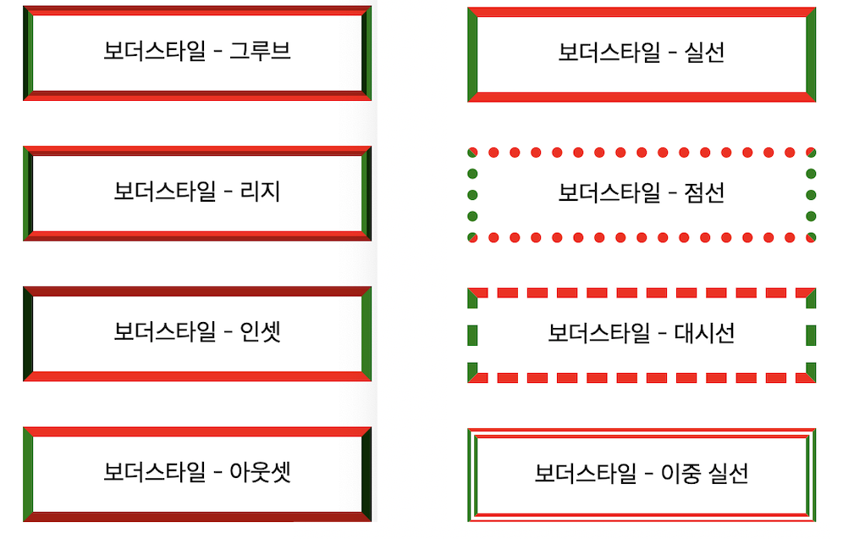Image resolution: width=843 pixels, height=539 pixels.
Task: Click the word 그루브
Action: [x=260, y=51]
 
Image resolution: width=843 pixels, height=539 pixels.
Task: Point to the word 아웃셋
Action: [x=260, y=472]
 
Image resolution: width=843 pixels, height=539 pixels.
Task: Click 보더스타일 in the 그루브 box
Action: [x=154, y=51]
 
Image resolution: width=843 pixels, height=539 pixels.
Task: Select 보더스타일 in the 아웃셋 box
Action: [x=154, y=472]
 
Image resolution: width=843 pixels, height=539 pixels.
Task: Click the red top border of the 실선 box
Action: [x=641, y=12]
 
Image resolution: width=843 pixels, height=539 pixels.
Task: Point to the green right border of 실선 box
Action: [x=810, y=54]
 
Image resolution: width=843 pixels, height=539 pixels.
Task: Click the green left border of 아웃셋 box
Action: [x=28, y=474]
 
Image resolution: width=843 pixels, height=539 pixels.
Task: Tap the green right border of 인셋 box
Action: [x=366, y=333]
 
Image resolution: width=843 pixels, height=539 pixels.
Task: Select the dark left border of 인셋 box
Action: [x=28, y=333]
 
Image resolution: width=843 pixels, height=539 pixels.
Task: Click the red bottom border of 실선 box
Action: [x=641, y=97]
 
